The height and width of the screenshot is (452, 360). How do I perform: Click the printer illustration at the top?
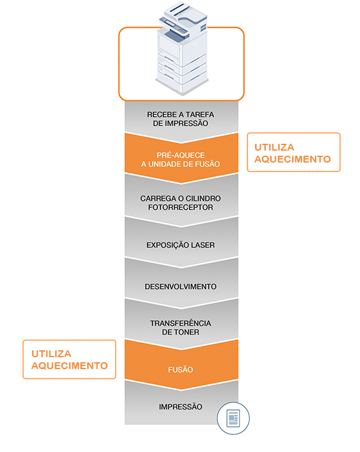182,49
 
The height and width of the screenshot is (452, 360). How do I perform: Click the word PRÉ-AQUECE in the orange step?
180,155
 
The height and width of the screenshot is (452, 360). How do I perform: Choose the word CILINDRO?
203,198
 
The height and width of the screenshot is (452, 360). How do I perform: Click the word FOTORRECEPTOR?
180,207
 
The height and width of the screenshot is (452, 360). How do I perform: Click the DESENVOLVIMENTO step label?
180,286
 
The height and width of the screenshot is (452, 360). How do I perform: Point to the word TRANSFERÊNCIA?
180,323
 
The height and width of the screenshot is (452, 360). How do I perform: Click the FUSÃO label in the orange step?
180,369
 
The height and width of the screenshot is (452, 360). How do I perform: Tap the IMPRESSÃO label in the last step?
180,406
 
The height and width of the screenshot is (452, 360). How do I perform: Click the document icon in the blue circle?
233,418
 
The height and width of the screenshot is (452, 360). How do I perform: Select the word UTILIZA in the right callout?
274,148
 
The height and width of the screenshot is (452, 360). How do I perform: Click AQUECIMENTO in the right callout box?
293,159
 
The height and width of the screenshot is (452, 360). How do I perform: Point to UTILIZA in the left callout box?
51,353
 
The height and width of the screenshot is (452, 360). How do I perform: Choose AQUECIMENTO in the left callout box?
70,365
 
